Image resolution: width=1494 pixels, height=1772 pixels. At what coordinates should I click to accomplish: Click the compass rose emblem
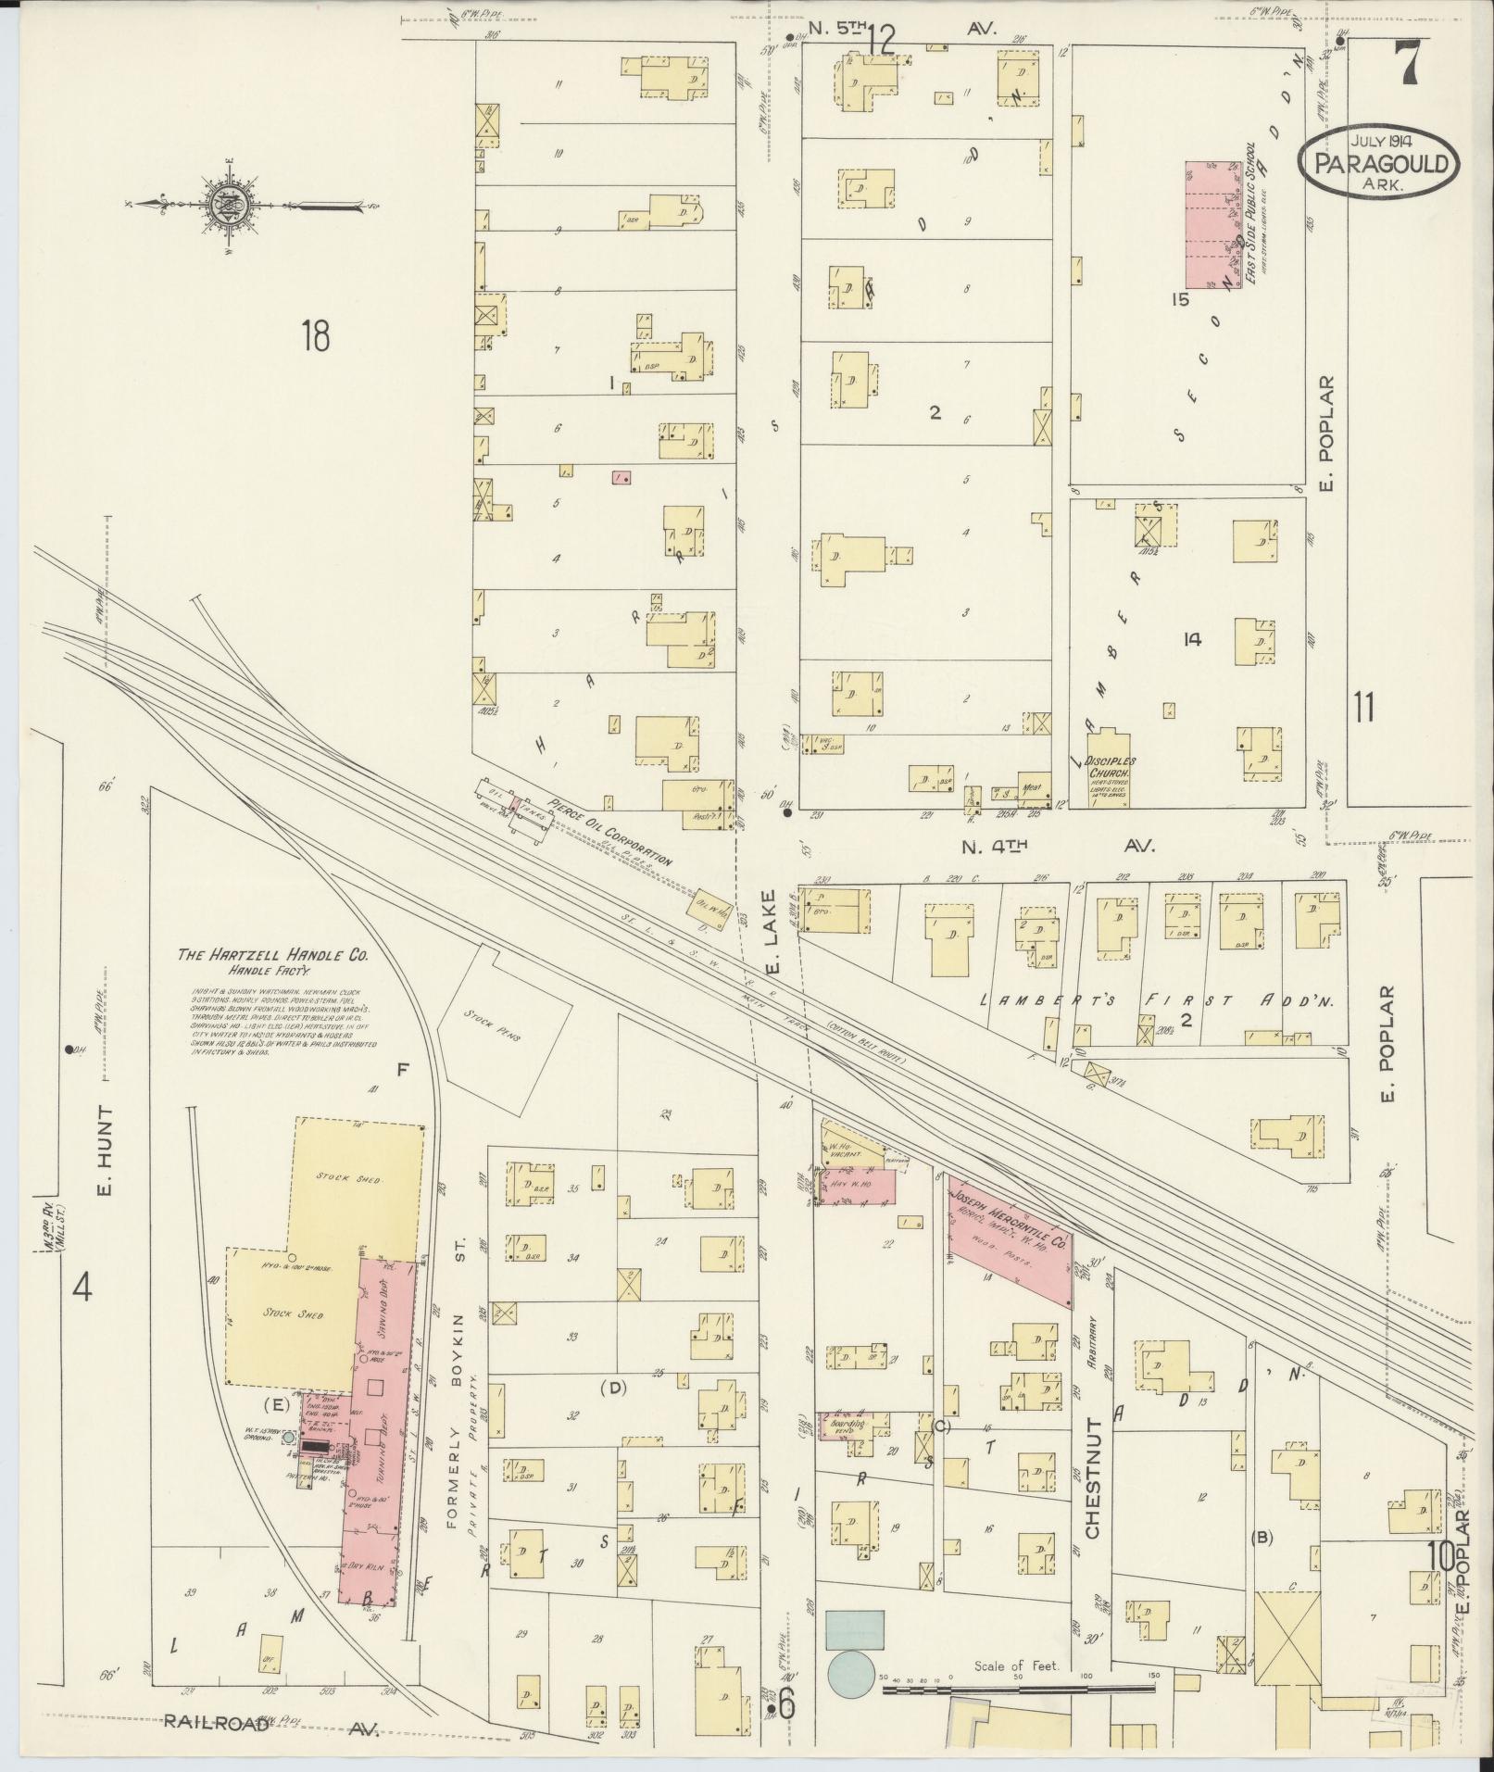pyautogui.click(x=226, y=206)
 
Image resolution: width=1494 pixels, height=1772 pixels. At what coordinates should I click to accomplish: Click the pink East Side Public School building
pyautogui.click(x=1212, y=225)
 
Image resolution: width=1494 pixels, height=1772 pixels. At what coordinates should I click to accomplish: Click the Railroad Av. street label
pyautogui.click(x=272, y=1722)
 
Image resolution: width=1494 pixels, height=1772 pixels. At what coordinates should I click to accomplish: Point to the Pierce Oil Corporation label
pyautogui.click(x=609, y=831)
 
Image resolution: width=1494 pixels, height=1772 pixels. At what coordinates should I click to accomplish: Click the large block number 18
pyautogui.click(x=314, y=336)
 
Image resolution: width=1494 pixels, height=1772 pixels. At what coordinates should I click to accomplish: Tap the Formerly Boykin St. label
pyautogui.click(x=458, y=1410)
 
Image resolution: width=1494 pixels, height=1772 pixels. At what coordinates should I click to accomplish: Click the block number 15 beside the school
pyautogui.click(x=1179, y=300)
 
